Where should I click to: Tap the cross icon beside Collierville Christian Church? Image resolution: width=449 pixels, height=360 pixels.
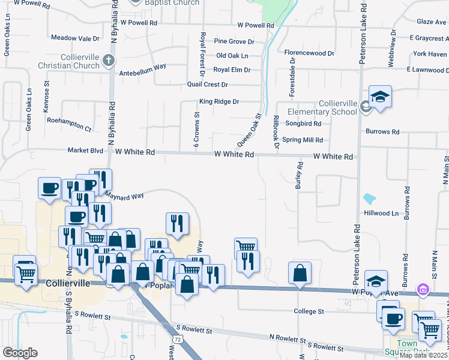(x=108, y=59)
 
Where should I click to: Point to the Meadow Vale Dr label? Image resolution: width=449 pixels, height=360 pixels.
(x=75, y=38)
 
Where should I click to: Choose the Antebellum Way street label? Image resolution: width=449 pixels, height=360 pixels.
(x=143, y=67)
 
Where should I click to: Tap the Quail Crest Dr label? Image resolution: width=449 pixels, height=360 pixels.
(x=208, y=85)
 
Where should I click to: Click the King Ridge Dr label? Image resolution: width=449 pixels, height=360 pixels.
(x=219, y=102)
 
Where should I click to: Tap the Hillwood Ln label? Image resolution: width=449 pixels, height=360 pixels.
(x=381, y=213)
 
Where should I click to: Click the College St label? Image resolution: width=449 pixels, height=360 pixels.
(x=309, y=311)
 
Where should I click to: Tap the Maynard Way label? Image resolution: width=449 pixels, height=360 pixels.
(x=124, y=196)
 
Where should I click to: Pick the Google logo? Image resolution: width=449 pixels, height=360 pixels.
(x=20, y=353)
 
